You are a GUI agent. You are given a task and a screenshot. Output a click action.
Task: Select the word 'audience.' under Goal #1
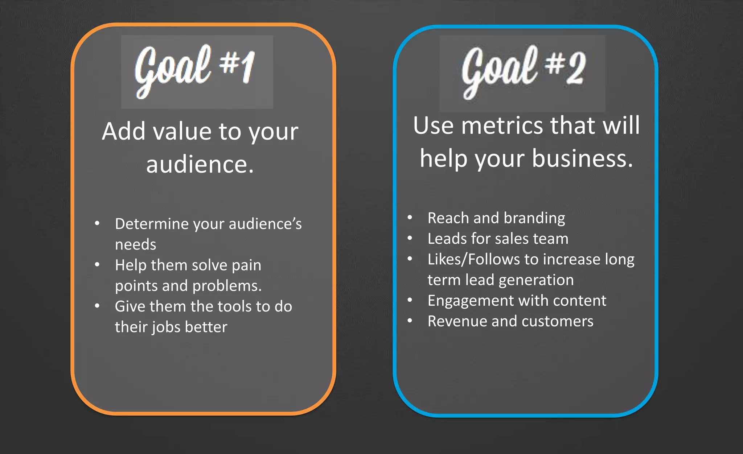click(200, 165)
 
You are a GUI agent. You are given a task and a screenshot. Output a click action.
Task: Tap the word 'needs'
click(135, 245)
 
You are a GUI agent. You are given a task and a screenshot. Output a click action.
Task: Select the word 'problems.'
click(227, 286)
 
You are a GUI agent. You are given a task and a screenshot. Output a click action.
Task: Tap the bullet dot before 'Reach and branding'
click(410, 218)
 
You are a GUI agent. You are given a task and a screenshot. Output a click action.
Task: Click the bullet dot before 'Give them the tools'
click(97, 306)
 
